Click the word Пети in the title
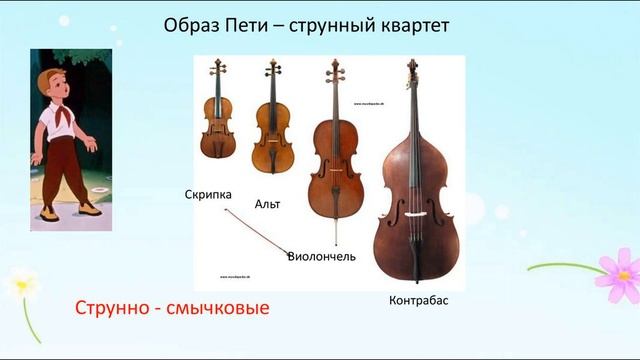click(257, 25)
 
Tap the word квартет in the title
click(401, 25)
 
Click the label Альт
click(268, 204)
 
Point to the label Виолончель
click(321, 256)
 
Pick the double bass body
click(412, 210)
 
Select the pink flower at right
click(617, 275)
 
